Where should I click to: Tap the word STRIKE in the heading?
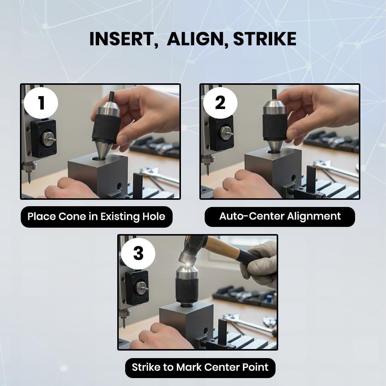click(x=265, y=39)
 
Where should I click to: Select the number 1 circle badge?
click(x=41, y=103)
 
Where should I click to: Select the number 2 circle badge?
click(x=220, y=103)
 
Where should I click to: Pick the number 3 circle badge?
click(x=138, y=253)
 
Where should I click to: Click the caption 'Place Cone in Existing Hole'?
click(x=96, y=217)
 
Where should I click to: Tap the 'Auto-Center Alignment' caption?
click(x=280, y=216)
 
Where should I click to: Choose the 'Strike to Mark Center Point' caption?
click(x=200, y=368)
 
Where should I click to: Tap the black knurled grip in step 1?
click(x=106, y=129)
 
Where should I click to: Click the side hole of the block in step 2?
click(x=293, y=178)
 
